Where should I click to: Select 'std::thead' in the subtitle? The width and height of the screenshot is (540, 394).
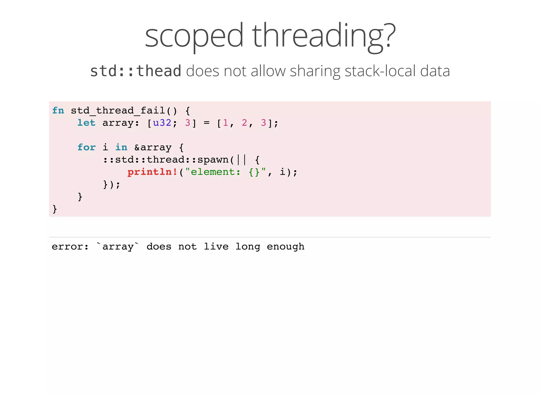136,71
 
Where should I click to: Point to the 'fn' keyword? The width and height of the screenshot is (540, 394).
58,110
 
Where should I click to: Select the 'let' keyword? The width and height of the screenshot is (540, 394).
86,123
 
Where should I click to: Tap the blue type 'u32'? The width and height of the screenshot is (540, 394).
162,123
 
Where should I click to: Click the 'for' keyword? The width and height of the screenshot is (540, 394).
86,147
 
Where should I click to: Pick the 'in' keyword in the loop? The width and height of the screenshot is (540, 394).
121,147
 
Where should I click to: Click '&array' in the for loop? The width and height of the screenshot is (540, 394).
153,147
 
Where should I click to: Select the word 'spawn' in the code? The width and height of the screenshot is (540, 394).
213,160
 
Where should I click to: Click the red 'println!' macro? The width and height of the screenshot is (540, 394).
152,172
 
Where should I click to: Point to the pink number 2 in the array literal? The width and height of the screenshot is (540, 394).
244,123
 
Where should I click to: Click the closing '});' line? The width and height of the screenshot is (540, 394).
112,184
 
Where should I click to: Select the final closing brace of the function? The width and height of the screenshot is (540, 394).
55,209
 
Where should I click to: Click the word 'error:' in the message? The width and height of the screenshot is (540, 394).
70,247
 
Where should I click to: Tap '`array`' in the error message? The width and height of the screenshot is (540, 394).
118,247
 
